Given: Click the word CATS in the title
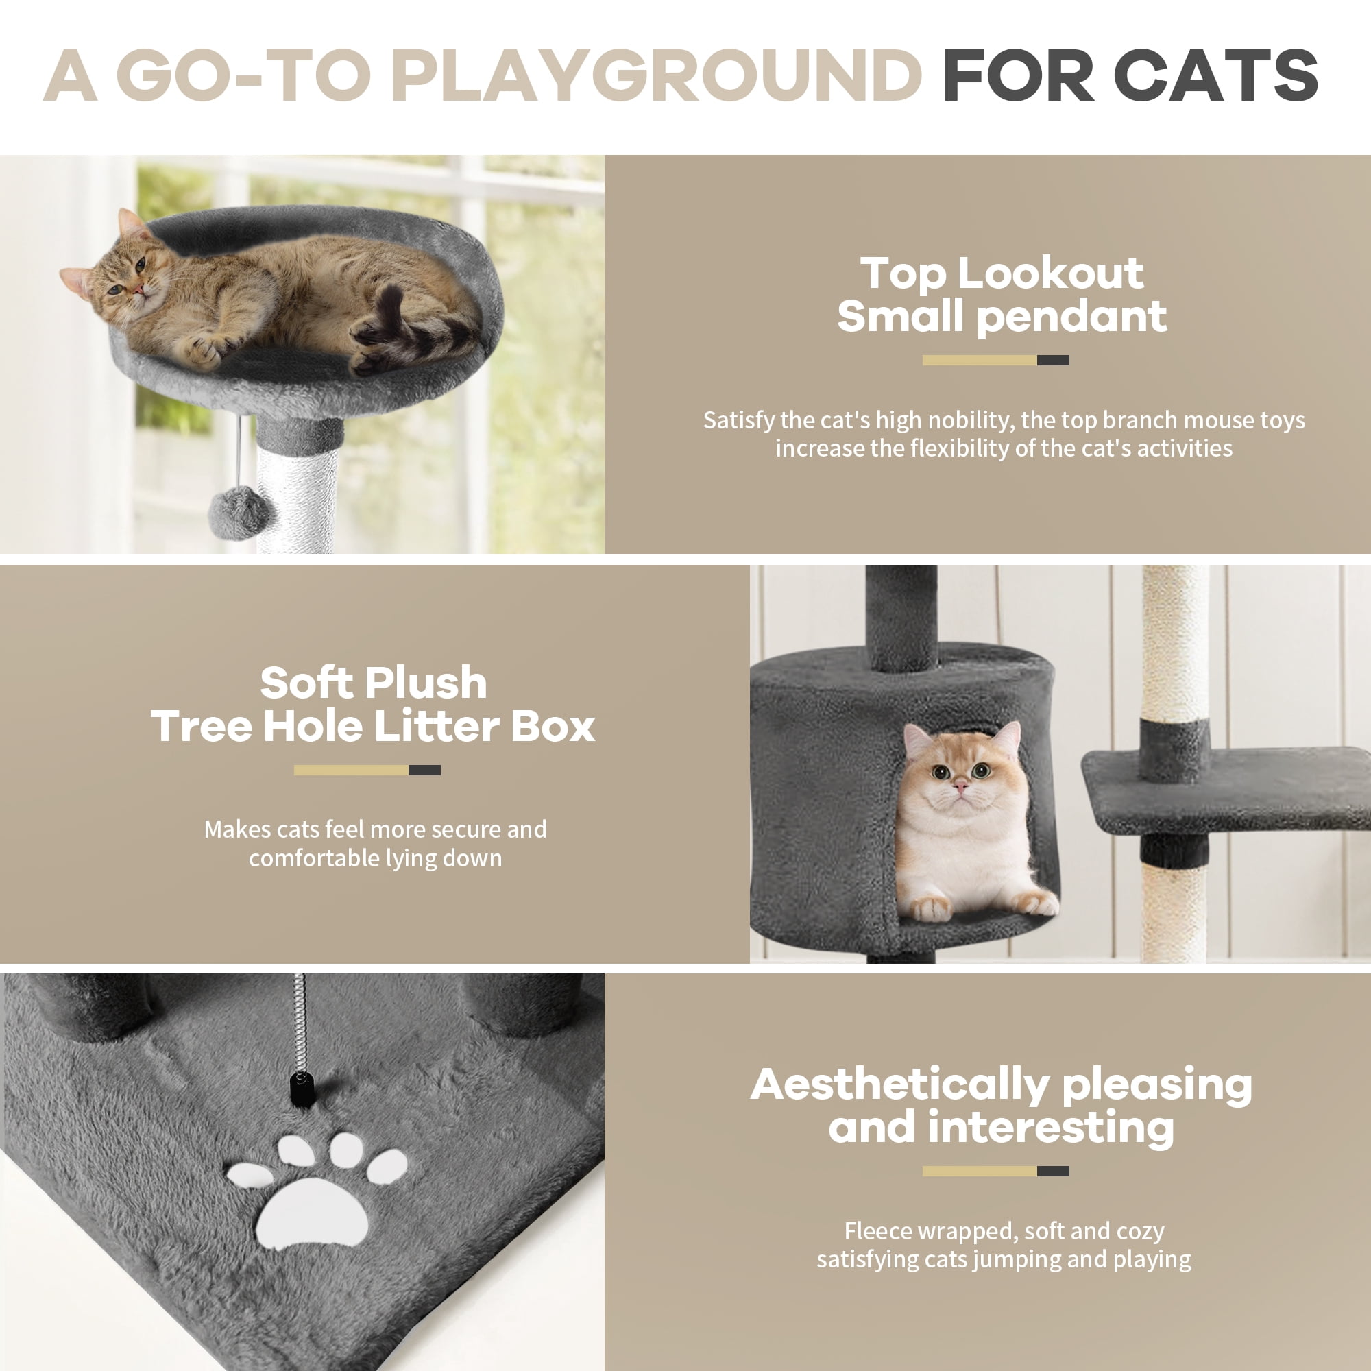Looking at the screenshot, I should [1215, 75].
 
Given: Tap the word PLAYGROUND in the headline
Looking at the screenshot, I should [656, 75].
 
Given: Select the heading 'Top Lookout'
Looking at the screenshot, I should [1002, 274].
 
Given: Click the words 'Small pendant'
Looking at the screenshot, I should [1002, 317].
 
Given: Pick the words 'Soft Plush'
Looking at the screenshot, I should [374, 683].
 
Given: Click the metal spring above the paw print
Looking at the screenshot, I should [300, 1022].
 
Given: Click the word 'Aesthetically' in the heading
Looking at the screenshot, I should [899, 1085].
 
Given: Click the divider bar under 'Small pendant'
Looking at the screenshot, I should [995, 361].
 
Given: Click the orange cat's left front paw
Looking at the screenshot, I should [930, 908].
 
